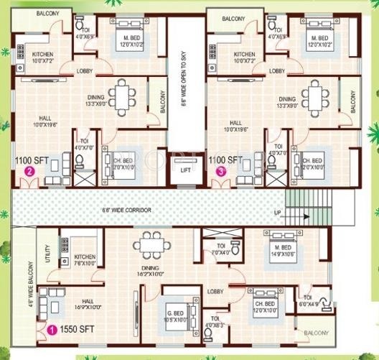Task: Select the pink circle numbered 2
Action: pyautogui.click(x=30, y=172)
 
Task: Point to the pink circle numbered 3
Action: pyautogui.click(x=221, y=172)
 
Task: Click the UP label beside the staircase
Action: pyautogui.click(x=278, y=213)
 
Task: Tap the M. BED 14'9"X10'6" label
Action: pyautogui.click(x=276, y=236)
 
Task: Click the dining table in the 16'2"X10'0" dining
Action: pyautogui.click(x=151, y=245)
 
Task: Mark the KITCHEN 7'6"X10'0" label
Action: pyautogui.click(x=84, y=260)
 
